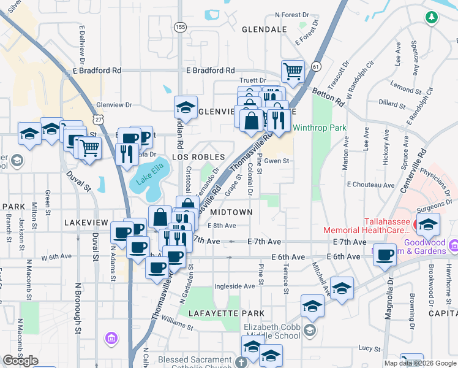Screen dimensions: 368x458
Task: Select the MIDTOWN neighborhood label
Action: (x=231, y=212)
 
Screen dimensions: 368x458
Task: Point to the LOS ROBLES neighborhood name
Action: (x=198, y=158)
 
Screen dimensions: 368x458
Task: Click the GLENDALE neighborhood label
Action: (x=265, y=29)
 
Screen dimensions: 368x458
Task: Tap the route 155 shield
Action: (x=180, y=27)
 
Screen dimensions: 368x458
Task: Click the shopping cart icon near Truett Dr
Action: (x=293, y=71)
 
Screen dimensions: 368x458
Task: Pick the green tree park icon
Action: (x=432, y=17)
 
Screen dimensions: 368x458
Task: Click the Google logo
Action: (x=20, y=361)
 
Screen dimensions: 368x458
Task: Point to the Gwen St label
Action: (x=276, y=161)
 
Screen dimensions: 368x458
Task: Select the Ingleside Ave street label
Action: (x=234, y=286)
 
